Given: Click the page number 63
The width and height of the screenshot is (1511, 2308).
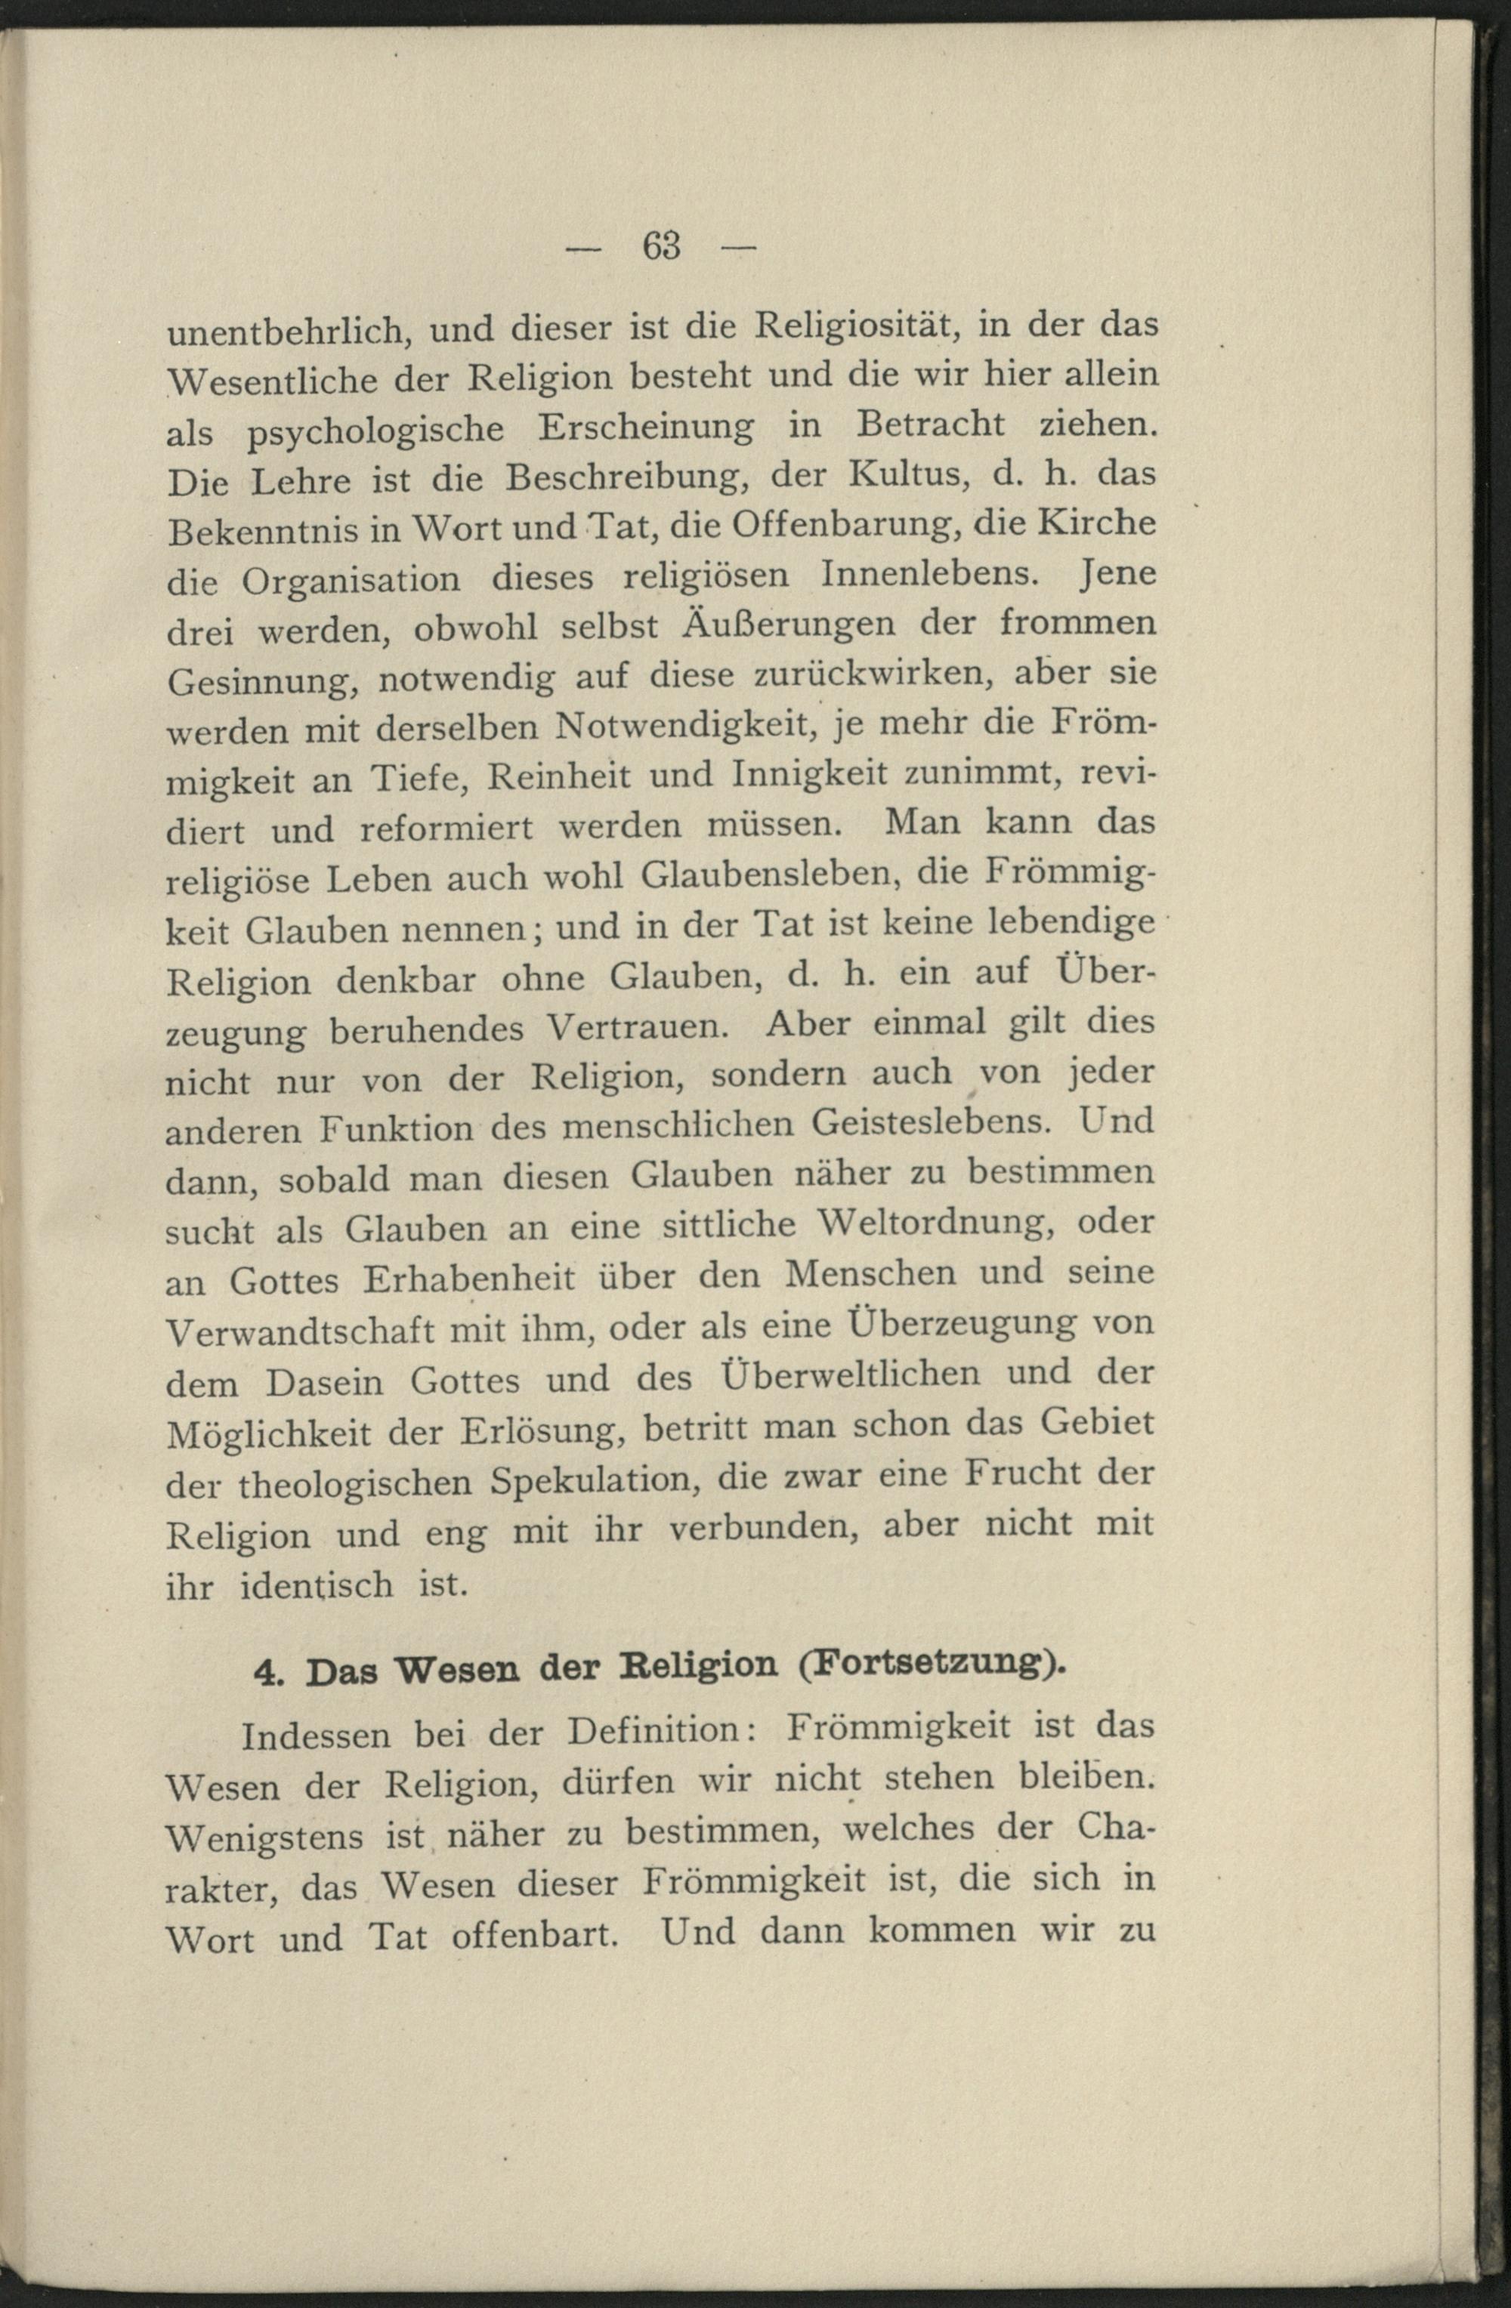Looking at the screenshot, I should [x=661, y=246].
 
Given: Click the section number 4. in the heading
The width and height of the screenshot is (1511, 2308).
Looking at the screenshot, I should [x=267, y=1675].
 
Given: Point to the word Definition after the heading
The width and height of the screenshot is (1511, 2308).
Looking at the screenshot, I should [x=657, y=1731].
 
